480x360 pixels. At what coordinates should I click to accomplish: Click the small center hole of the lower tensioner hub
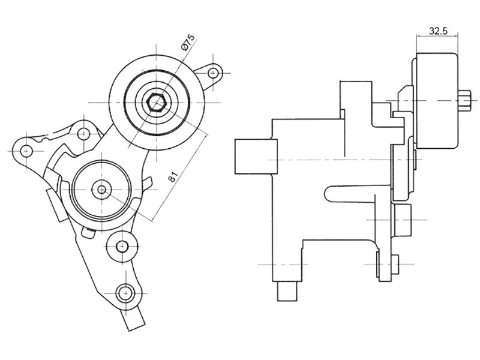tap(102, 190)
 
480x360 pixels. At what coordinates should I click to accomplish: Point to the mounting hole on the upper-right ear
tap(212, 73)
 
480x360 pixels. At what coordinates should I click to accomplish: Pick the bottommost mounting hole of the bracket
tap(124, 292)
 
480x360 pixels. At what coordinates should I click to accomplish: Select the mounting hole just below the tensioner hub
tap(122, 245)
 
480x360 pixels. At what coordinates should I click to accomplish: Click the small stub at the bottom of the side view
tap(287, 292)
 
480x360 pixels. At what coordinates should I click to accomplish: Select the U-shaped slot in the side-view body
tap(354, 193)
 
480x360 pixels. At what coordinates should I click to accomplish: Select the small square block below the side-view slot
tap(402, 215)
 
